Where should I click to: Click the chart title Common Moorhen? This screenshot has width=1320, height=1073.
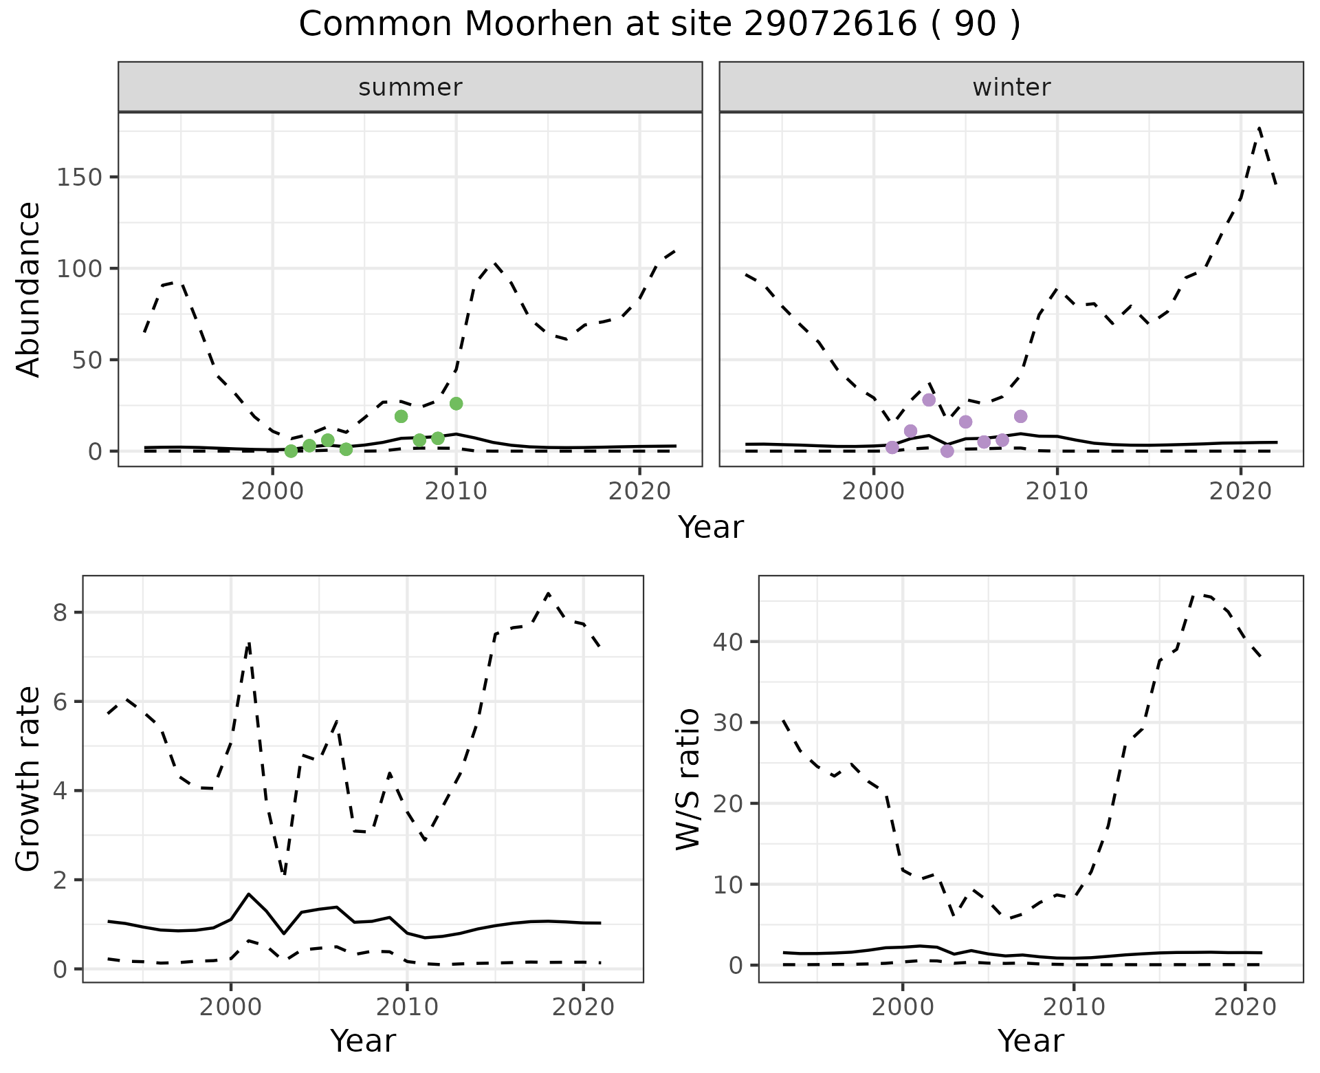pos(659,25)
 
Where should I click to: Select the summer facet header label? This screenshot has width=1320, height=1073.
pos(410,87)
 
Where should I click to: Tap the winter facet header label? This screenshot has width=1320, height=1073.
pos(1011,87)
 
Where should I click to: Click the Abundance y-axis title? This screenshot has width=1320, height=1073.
pos(28,289)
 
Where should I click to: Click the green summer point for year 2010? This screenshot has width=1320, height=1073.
pos(456,404)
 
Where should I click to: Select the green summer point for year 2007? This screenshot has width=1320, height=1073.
pos(401,416)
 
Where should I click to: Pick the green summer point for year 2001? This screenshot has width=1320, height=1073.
pos(291,451)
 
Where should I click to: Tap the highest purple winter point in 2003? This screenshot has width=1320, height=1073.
pos(929,400)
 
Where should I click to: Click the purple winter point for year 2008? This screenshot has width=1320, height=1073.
pos(1020,416)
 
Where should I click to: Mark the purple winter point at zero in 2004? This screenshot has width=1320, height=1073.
pos(947,451)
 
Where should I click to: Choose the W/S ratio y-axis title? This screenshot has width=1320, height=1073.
pos(688,779)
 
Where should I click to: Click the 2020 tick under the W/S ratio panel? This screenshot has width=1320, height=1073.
pos(1245,1008)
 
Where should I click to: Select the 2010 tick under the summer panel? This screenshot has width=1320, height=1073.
pos(456,492)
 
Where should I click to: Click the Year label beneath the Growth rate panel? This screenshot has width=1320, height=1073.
pos(363,1041)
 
